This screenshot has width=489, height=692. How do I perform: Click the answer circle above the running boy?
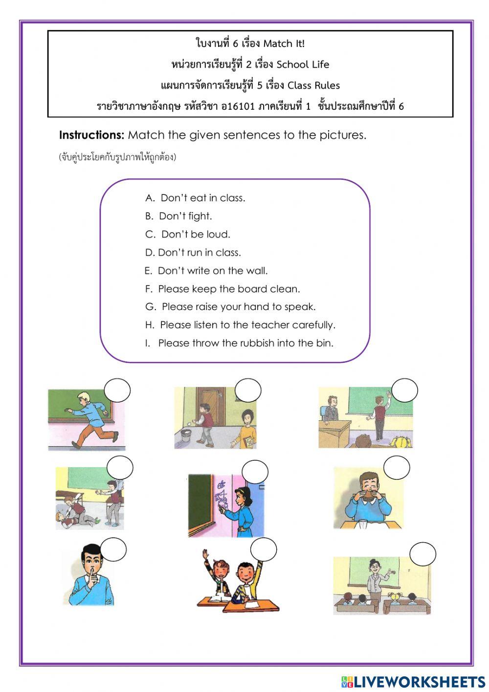[x=117, y=390]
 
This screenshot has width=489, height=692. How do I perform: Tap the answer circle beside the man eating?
[x=396, y=468]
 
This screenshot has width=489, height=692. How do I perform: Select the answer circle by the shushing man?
[x=113, y=549]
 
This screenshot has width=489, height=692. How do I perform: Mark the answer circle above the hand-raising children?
[x=264, y=549]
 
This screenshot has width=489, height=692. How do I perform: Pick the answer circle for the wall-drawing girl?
[x=254, y=473]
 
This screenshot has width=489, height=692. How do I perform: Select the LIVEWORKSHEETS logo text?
[x=413, y=681]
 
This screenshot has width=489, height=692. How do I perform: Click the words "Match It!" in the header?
[x=284, y=44]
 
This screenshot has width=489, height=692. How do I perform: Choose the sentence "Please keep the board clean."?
[x=223, y=289]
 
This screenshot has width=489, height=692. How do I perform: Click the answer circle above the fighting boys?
[x=120, y=468]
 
